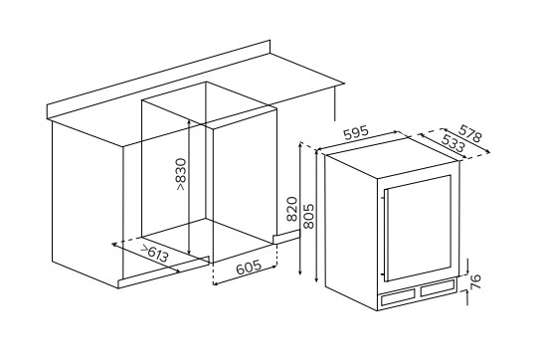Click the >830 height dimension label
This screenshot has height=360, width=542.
181,174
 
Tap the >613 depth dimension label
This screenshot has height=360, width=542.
155,254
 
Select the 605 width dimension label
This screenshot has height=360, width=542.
249,267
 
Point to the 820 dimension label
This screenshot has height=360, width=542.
292,209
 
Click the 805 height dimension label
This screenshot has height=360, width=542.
308,216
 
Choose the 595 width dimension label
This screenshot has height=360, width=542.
357,133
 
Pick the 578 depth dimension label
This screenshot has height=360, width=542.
469,133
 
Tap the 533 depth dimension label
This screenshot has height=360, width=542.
453,143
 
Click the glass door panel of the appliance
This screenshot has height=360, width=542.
419,229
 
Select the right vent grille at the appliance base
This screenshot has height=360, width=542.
438,287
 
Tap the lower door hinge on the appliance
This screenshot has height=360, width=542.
382,275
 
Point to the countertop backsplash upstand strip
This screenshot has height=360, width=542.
159,81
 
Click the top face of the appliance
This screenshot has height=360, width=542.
392,157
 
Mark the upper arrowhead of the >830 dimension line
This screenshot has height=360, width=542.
189,122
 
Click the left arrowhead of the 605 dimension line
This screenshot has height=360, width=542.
215,283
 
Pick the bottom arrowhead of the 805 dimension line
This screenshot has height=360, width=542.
316,279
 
